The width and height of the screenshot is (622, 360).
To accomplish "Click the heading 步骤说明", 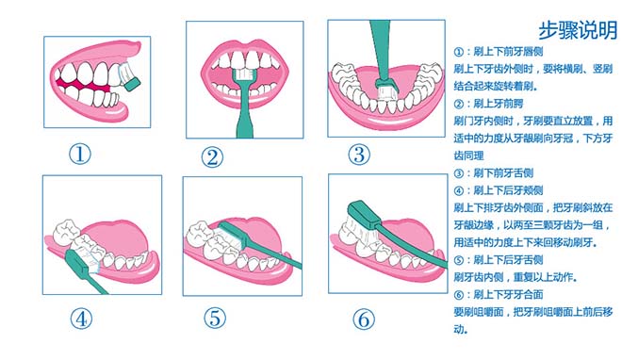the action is point(578,30).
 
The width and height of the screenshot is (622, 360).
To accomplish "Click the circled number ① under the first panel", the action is point(80,154).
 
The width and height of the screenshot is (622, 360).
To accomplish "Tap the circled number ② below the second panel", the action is point(212,157).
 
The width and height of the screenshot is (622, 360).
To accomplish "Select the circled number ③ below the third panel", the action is point(359,155).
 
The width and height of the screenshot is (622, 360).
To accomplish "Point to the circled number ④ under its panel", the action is point(81,319).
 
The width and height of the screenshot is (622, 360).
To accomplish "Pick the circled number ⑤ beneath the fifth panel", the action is point(215,318).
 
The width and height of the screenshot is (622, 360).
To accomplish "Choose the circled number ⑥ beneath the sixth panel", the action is point(364,319).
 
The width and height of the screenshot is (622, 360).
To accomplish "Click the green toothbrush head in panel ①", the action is point(132,84).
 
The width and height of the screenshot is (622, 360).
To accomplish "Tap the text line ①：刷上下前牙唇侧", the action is point(499,52).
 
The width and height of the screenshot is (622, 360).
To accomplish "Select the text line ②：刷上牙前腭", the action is point(488,104).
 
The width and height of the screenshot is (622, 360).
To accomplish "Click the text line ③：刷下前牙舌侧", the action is point(494,173).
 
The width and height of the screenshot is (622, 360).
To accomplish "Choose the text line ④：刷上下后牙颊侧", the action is point(499,190).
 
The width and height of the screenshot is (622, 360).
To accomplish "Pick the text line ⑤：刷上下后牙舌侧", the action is point(499,260).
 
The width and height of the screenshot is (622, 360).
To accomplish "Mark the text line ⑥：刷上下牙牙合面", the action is point(499,295).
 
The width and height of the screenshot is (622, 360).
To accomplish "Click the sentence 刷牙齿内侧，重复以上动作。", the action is point(516,277).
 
